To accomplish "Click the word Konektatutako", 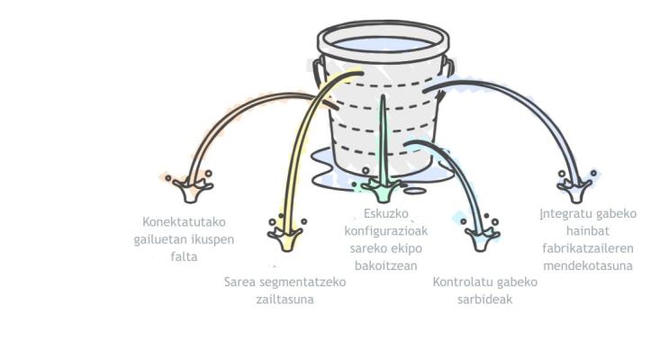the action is click(x=184, y=221).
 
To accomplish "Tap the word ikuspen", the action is click(x=212, y=239).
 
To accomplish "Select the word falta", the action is click(x=184, y=256).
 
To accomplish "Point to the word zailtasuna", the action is click(x=285, y=300).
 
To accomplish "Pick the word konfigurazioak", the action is click(x=386, y=231).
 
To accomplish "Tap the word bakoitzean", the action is click(x=386, y=265).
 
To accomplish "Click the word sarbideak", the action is click(x=485, y=300).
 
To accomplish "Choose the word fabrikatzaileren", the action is click(x=588, y=248).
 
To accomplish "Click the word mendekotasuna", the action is click(x=588, y=265).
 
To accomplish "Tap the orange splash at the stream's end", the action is click(x=192, y=188).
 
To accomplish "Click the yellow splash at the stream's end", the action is click(x=286, y=236).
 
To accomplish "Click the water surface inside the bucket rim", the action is click(x=384, y=45).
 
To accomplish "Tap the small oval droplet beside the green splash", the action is click(x=414, y=191).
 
